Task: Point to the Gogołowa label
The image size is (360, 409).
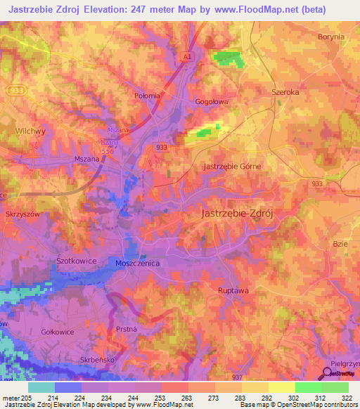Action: click(212, 102)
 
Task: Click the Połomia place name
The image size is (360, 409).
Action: click(147, 96)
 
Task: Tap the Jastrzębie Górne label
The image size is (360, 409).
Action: click(232, 167)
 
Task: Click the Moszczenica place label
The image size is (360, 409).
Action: click(138, 263)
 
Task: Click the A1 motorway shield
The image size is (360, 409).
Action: click(187, 56)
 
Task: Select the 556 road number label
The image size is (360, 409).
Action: click(106, 150)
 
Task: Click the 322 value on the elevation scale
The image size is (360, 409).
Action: click(347, 398)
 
